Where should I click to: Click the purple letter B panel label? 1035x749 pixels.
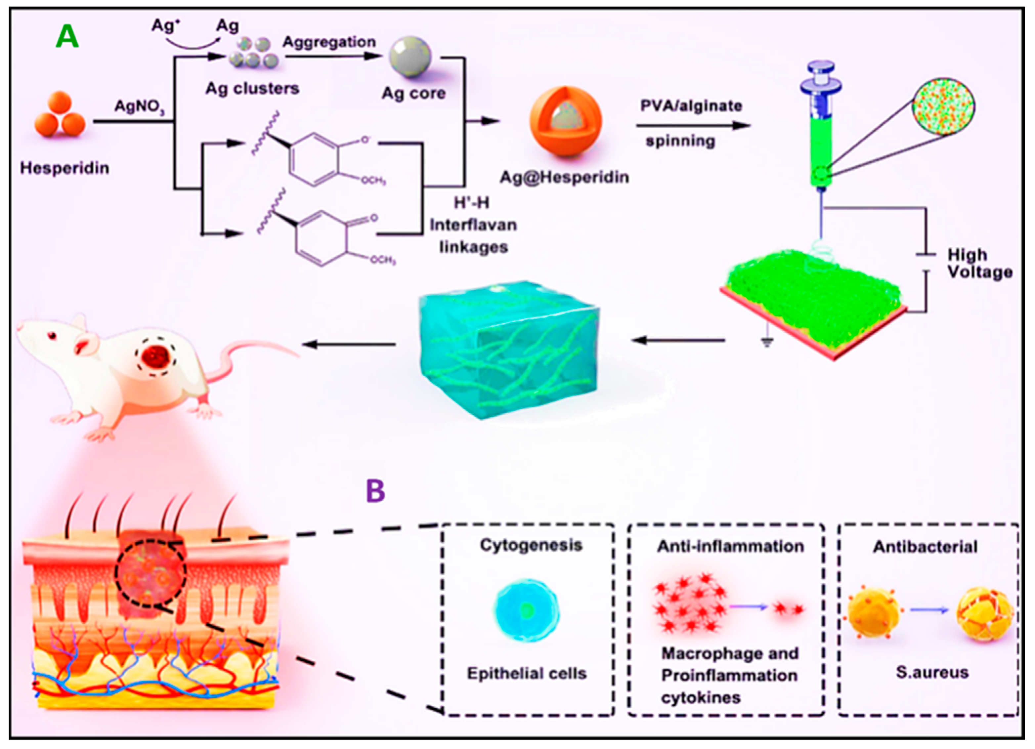pyautogui.click(x=375, y=491)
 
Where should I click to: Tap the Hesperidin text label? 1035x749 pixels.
pyautogui.click(x=65, y=168)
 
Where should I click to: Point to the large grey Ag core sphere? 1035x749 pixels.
pyautogui.click(x=410, y=57)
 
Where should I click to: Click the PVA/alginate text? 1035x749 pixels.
pyautogui.click(x=691, y=106)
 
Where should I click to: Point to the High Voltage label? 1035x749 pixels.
pyautogui.click(x=979, y=263)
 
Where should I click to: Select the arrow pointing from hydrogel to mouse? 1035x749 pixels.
pyautogui.click(x=349, y=344)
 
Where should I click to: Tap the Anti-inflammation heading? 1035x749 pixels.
pyautogui.click(x=730, y=547)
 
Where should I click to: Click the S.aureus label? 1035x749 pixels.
pyautogui.click(x=932, y=672)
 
